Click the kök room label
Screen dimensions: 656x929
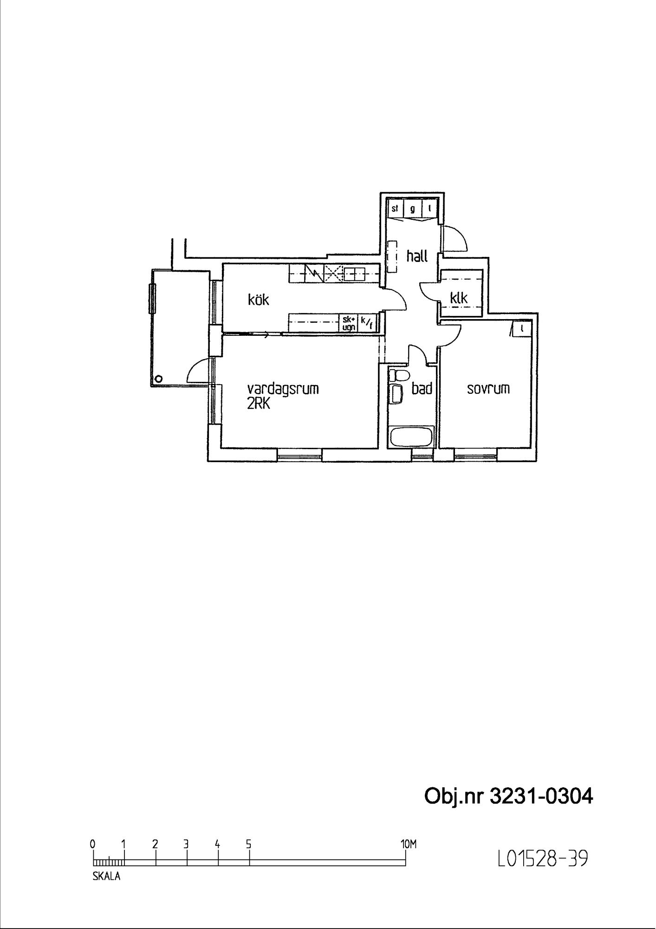259,300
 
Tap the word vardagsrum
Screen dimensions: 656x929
283,388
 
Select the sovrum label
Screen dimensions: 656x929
488,388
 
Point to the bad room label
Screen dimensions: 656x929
422,388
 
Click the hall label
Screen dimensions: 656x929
417,256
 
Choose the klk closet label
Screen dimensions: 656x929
459,298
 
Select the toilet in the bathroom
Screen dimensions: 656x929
398,374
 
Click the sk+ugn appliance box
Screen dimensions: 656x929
349,323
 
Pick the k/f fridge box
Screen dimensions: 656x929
366,323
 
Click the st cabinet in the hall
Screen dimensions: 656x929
395,209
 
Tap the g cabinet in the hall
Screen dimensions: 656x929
412,209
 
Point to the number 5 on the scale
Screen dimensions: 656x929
249,844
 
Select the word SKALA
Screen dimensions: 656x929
106,877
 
